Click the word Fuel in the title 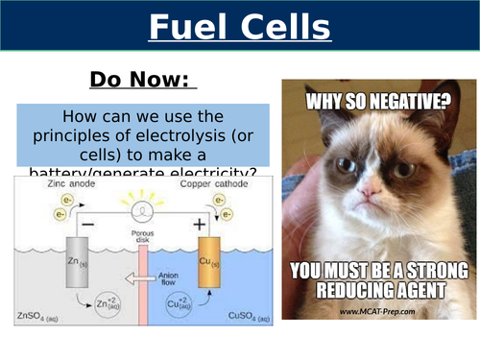(x=187, y=26)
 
